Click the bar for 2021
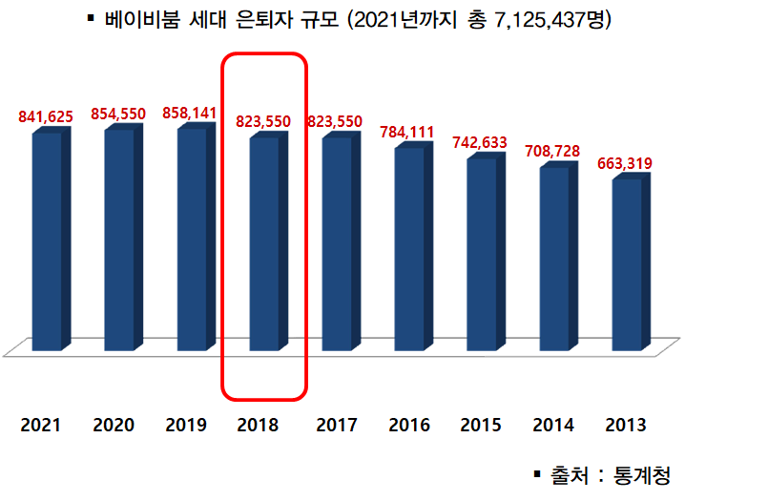pyautogui.click(x=47, y=239)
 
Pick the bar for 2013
pyautogui.click(x=627, y=262)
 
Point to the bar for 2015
pyautogui.click(x=482, y=252)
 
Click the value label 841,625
pyautogui.click(x=47, y=116)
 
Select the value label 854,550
pyautogui.click(x=118, y=114)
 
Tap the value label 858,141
pyautogui.click(x=191, y=113)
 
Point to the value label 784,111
pyautogui.click(x=406, y=132)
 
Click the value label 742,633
pyautogui.click(x=478, y=142)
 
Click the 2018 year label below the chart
pyautogui.click(x=259, y=425)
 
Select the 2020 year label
pyautogui.click(x=114, y=425)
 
